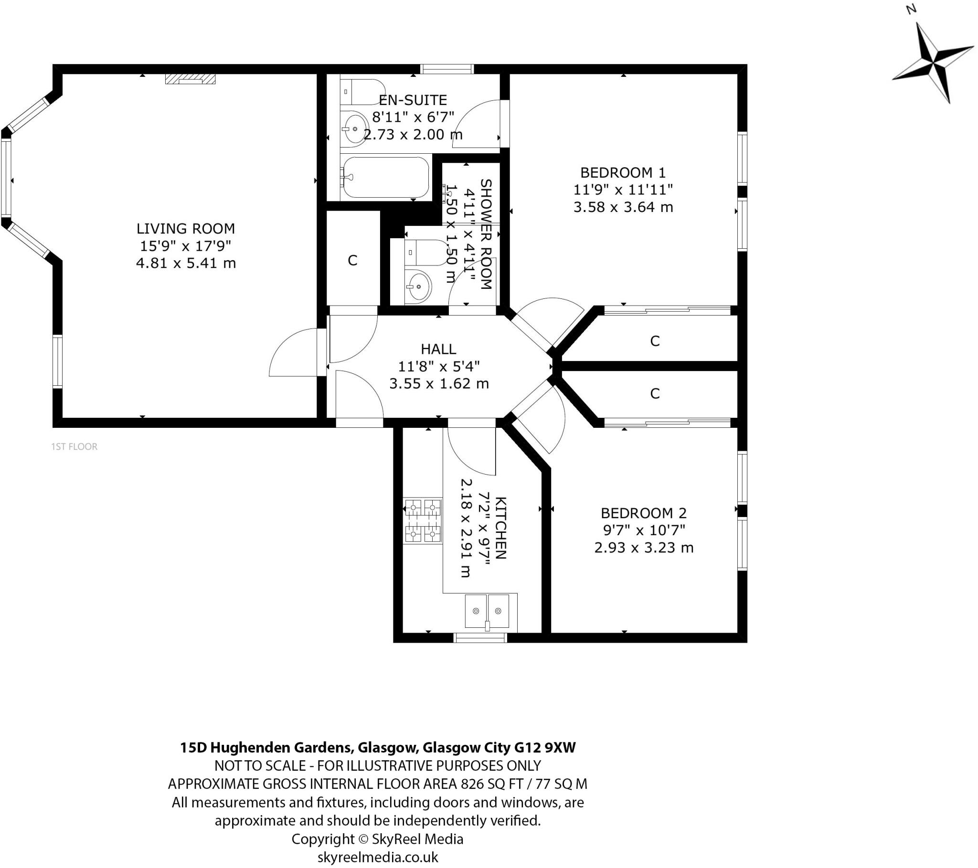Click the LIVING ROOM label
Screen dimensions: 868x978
pos(186,229)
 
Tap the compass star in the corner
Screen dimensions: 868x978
pos(933,63)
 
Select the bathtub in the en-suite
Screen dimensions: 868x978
pos(386,178)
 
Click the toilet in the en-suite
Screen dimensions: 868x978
pos(361,92)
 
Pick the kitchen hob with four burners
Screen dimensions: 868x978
pos(423,520)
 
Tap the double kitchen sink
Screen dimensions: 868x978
pos(487,612)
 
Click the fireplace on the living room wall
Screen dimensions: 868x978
pos(190,79)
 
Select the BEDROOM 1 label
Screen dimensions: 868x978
pos(623,172)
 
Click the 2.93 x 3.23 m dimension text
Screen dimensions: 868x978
pos(644,548)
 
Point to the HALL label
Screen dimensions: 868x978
pos(438,349)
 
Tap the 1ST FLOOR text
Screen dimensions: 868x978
pos(74,446)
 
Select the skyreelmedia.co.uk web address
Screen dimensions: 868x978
pos(378,857)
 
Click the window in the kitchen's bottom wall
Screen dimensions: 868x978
pos(480,637)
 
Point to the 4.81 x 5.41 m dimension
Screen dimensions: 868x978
pos(186,263)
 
